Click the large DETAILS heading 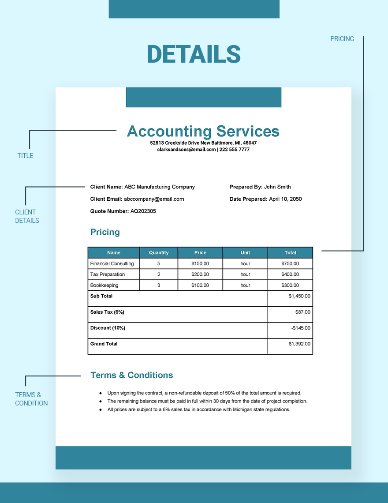click(x=194, y=54)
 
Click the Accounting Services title click(x=203, y=131)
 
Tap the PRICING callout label click(x=342, y=39)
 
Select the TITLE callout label click(x=25, y=155)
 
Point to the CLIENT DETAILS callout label click(x=27, y=216)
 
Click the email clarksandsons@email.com click(x=187, y=150)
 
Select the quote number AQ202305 click(x=143, y=211)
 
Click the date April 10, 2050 click(x=285, y=199)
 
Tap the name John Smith click(x=277, y=187)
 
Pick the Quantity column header click(x=159, y=253)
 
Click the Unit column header click(x=245, y=253)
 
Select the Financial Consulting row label click(x=112, y=263)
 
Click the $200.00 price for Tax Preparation click(x=200, y=274)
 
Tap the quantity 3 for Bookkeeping click(x=159, y=285)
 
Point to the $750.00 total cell click(x=290, y=263)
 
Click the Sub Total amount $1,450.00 click(x=299, y=296)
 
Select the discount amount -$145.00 click(x=301, y=328)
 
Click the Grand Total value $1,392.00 click(x=299, y=344)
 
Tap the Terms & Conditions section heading click(x=131, y=375)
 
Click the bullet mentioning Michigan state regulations click(x=198, y=409)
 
